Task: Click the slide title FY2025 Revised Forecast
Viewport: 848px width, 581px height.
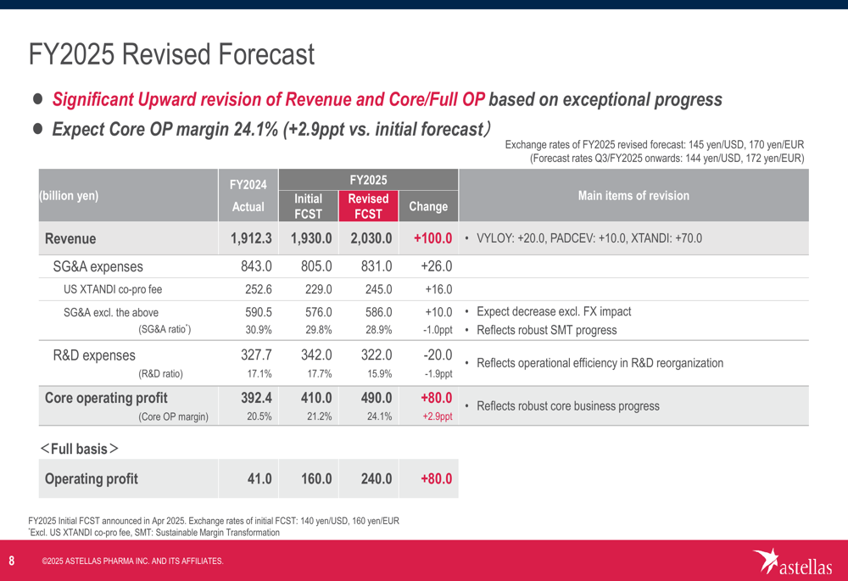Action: pos(171,56)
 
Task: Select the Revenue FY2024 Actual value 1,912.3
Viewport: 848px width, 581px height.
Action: pos(250,238)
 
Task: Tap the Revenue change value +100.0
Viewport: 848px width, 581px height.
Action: pos(432,238)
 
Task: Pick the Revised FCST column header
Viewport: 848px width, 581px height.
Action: pos(369,206)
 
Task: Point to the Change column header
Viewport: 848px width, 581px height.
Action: pos(428,206)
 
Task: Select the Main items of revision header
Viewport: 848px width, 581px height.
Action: pos(633,196)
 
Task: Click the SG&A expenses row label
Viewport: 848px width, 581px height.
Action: pos(98,265)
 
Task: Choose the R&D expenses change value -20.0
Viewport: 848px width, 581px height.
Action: pos(436,355)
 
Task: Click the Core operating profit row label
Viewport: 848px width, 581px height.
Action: pos(106,398)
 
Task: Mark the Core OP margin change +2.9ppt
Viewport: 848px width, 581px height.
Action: pos(437,416)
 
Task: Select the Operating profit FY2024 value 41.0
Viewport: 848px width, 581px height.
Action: pos(259,479)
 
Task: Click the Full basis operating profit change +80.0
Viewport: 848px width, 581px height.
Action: pos(436,479)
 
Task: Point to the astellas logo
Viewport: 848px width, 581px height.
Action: pos(793,561)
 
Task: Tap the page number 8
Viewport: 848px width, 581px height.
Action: pos(12,561)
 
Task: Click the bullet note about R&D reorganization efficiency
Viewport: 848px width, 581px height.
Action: pos(600,363)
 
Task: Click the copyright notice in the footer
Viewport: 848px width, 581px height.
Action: pos(132,561)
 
